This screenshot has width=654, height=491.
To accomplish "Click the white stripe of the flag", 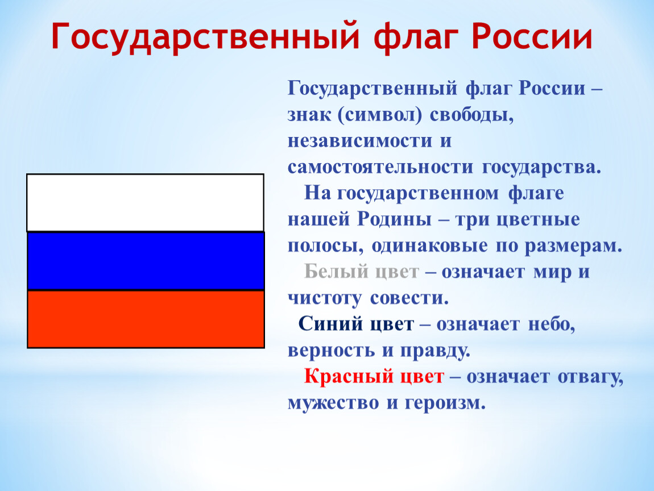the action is click(x=145, y=202).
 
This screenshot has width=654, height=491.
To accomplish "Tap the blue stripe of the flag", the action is click(x=146, y=261).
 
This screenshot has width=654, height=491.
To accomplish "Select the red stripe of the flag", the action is click(x=146, y=319).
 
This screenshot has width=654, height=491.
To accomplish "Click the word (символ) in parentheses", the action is click(x=380, y=115).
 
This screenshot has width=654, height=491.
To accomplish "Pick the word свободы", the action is click(x=471, y=115).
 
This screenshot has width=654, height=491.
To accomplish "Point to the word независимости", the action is click(x=359, y=141).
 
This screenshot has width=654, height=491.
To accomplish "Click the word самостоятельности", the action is click(x=380, y=167).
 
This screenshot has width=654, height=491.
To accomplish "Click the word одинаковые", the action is click(x=429, y=246).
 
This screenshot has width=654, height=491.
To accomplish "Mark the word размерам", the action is click(x=573, y=246).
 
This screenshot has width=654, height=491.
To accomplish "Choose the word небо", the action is click(x=552, y=324).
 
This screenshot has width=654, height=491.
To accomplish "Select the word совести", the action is click(x=409, y=298).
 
